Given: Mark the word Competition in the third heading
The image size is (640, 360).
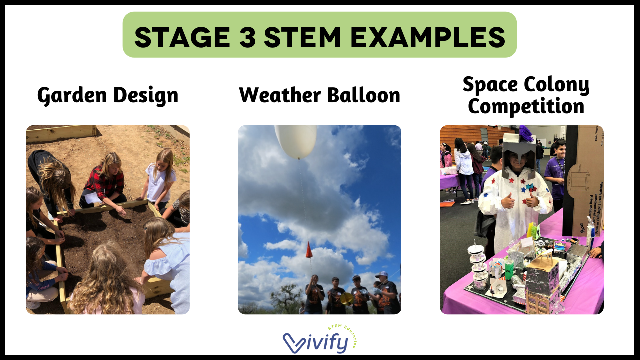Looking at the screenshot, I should [526, 106].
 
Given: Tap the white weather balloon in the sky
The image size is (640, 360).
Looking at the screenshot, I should [296, 141].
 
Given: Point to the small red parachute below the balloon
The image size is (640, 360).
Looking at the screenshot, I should [309, 249].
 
